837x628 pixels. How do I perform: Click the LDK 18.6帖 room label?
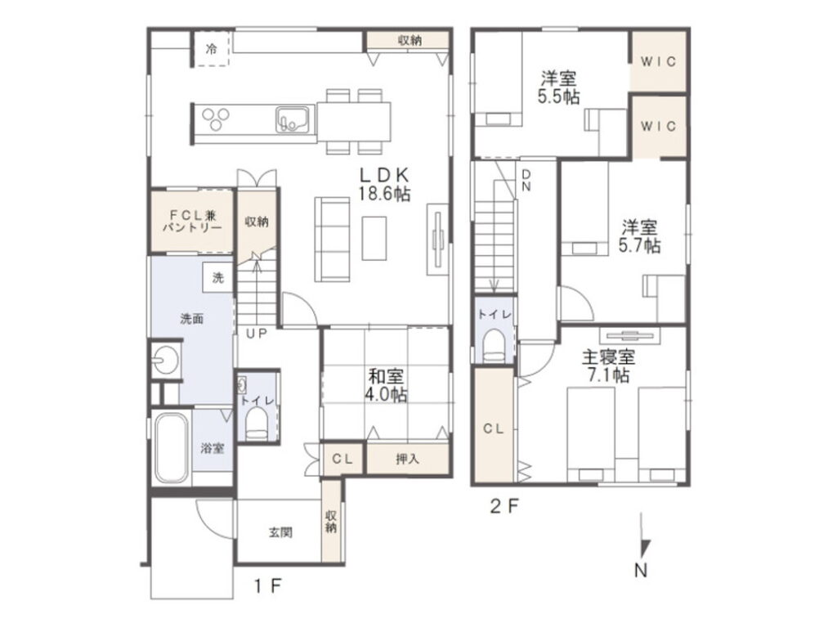pyautogui.click(x=384, y=184)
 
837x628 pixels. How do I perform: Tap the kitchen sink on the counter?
pyautogui.click(x=292, y=119)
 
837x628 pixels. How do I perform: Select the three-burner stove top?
pyautogui.click(x=216, y=119)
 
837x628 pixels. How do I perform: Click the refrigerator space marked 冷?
pyautogui.click(x=212, y=49)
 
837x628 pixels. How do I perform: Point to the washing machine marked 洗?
pyautogui.click(x=218, y=278)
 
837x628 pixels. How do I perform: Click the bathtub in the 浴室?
pyautogui.click(x=171, y=449)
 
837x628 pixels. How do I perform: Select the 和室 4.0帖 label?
pyautogui.click(x=386, y=386)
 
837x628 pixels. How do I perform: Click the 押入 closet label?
pyautogui.click(x=407, y=459)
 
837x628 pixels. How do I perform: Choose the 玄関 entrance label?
pyautogui.click(x=280, y=532)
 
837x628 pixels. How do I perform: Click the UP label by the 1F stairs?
pyautogui.click(x=256, y=334)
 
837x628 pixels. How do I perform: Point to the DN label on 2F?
pyautogui.click(x=526, y=181)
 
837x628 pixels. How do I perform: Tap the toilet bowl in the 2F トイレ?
pyautogui.click(x=493, y=346)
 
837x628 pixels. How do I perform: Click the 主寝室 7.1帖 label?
pyautogui.click(x=608, y=366)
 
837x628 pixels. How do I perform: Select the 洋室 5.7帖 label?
pyautogui.click(x=639, y=236)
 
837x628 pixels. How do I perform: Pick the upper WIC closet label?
pyautogui.click(x=658, y=62)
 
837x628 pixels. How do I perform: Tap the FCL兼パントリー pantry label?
pyautogui.click(x=192, y=222)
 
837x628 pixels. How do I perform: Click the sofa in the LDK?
pyautogui.click(x=332, y=240)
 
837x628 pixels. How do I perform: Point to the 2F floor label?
pyautogui.click(x=504, y=506)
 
